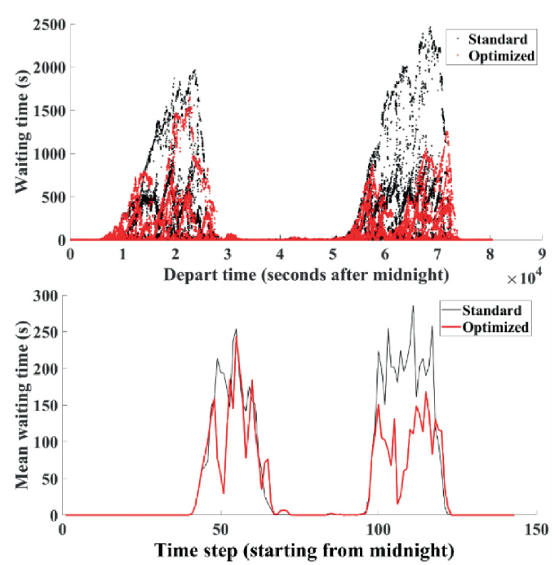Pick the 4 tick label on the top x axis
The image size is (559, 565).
[280, 253]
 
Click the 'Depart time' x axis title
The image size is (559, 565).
[306, 274]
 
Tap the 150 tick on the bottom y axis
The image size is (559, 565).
[46, 406]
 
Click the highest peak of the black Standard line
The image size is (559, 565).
[413, 306]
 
